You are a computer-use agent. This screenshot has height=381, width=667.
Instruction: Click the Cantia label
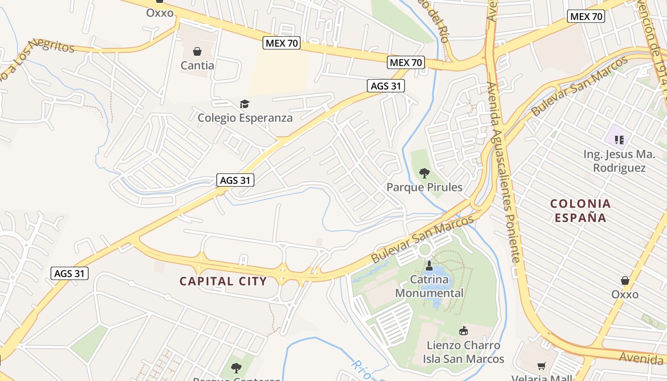(197, 65)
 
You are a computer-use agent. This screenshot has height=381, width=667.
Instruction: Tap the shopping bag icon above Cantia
(197, 51)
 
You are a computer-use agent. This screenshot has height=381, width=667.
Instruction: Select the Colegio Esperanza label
(245, 118)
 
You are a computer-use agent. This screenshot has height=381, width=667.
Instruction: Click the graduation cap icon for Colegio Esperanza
(244, 104)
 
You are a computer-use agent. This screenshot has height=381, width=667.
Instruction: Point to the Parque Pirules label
(424, 187)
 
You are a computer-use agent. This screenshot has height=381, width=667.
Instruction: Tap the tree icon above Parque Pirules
(424, 173)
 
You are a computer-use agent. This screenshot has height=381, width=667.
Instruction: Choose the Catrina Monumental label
(429, 286)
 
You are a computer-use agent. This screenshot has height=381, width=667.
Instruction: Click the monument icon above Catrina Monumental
(429, 265)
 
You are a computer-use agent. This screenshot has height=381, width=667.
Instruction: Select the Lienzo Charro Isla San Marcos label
(464, 352)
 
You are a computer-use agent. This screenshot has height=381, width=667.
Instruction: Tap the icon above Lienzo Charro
(463, 330)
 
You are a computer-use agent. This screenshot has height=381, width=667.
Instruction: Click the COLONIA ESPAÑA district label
(580, 211)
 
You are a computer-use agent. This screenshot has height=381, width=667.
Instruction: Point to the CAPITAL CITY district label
(223, 281)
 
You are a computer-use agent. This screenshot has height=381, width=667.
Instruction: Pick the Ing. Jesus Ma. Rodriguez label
(619, 161)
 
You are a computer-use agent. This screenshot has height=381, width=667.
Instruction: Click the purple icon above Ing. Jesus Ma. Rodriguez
(619, 140)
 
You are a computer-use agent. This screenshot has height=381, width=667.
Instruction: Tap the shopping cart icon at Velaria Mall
(542, 366)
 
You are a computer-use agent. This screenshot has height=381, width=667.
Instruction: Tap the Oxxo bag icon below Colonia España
(625, 281)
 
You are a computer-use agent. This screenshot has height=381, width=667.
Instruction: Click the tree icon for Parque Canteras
(236, 368)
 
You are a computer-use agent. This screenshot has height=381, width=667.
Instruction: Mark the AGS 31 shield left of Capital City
(70, 273)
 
